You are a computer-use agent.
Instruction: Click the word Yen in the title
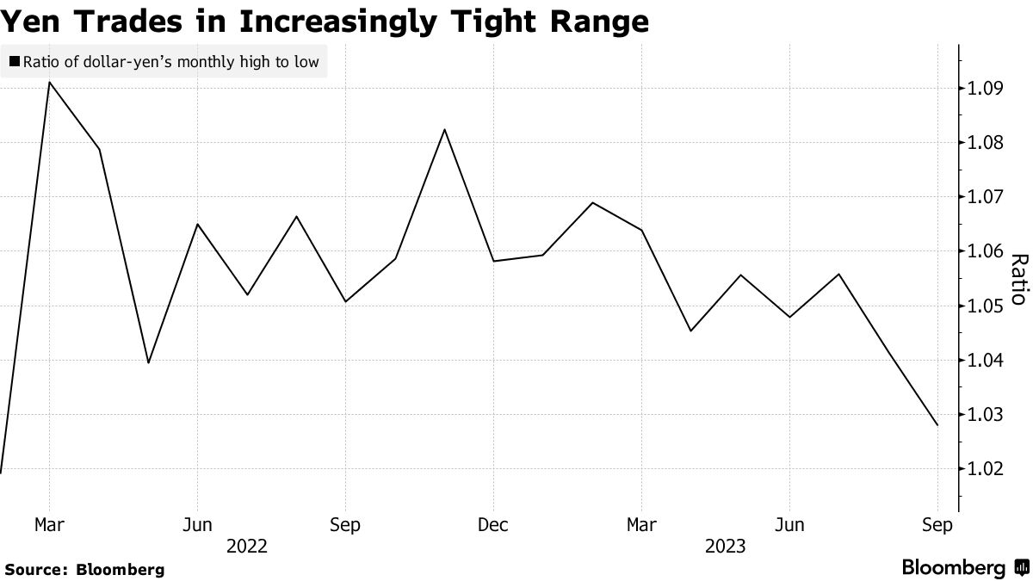(x=30, y=22)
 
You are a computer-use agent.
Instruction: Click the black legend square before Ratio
(x=15, y=61)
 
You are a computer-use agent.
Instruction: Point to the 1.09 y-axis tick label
(x=985, y=88)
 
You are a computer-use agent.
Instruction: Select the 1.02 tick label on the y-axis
(x=985, y=469)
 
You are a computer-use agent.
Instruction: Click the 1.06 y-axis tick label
(x=985, y=251)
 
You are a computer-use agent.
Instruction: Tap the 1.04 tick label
(x=985, y=360)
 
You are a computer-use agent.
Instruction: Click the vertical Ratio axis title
(x=1019, y=279)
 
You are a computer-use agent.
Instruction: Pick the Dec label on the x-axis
(x=493, y=525)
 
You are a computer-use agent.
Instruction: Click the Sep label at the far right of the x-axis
(x=937, y=525)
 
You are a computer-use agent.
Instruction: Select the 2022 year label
(x=247, y=547)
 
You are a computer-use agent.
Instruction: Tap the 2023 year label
(x=725, y=547)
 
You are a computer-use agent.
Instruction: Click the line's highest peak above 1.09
(x=49, y=83)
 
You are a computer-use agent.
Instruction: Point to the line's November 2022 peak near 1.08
(x=444, y=130)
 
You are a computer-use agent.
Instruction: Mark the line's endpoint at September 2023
(x=937, y=425)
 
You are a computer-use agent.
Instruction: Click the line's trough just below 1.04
(x=148, y=362)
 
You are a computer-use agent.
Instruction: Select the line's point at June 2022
(x=197, y=225)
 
